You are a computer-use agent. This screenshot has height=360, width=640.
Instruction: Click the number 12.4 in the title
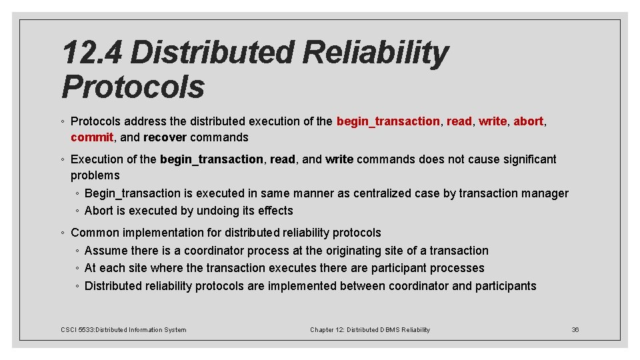pos(92,53)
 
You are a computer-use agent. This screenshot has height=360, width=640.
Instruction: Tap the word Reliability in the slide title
pos(375,53)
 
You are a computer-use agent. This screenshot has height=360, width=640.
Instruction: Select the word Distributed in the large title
pos(211,53)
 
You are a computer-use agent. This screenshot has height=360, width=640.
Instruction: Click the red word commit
pos(92,137)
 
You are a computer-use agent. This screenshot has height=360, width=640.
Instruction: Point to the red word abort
pos(529,121)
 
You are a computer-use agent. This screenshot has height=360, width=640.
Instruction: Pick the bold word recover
pos(165,137)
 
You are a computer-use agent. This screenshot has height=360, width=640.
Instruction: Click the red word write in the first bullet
pos(493,121)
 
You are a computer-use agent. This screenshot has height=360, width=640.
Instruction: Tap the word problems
pos(95,175)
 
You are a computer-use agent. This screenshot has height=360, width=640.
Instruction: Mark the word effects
pos(275,211)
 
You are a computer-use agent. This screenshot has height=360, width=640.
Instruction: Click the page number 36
pos(575,329)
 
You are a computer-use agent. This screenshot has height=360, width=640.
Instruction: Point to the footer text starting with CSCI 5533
pos(123,329)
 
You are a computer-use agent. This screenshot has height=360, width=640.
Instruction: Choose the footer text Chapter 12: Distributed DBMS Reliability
pos(370,329)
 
